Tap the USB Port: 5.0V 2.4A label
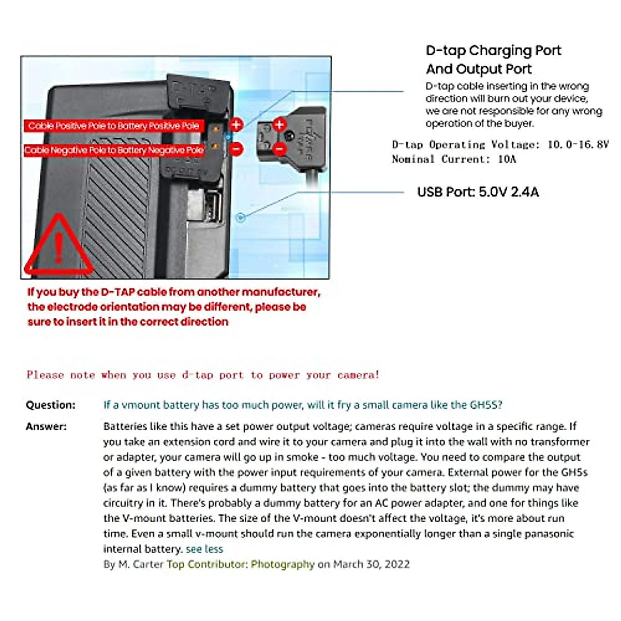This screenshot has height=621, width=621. (x=478, y=192)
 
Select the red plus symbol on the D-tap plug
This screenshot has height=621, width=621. (x=279, y=124)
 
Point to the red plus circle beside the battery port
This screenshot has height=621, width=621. (x=236, y=124)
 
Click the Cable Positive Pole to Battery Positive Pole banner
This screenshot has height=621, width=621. (x=113, y=126)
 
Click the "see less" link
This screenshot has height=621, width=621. (x=204, y=549)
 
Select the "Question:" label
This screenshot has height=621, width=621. (x=51, y=405)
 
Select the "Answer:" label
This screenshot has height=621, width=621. (x=46, y=426)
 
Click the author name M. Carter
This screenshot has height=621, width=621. (x=140, y=564)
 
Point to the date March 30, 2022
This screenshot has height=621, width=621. (x=371, y=564)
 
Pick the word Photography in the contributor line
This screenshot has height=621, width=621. (x=283, y=564)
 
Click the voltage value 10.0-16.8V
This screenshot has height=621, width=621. (x=578, y=144)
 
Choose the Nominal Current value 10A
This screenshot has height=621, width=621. (x=507, y=159)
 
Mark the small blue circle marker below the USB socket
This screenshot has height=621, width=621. (x=240, y=218)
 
